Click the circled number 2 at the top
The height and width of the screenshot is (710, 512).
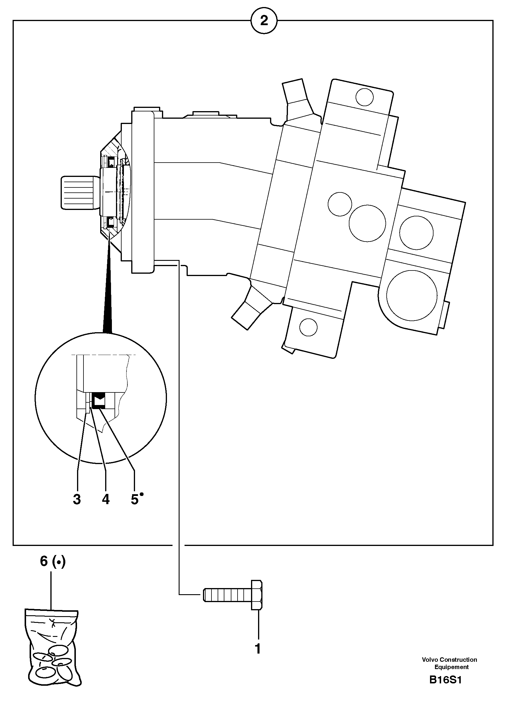(x=264, y=21)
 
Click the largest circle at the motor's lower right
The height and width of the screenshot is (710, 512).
(x=411, y=295)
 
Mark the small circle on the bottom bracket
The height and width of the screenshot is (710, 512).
(x=308, y=327)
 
